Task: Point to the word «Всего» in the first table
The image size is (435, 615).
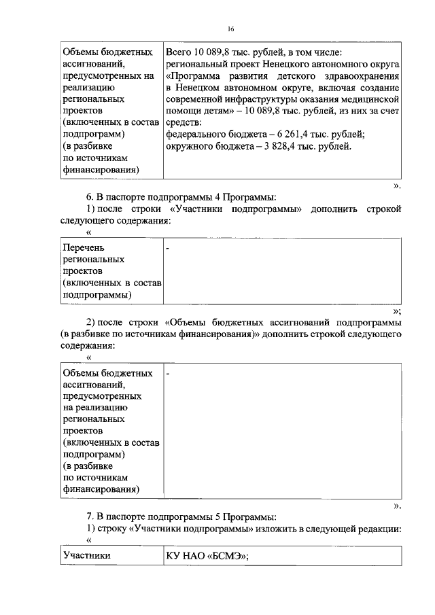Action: [179, 52]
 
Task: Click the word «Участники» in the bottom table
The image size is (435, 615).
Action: [86, 555]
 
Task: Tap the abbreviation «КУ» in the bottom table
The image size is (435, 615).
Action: [174, 555]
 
